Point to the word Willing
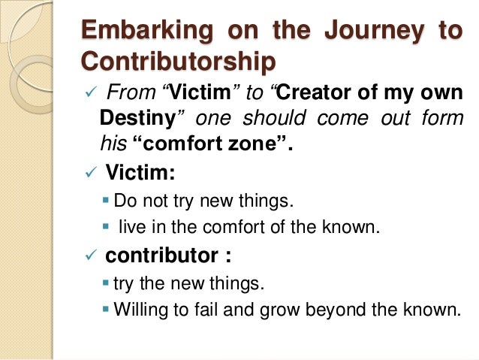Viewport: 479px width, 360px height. tap(140, 308)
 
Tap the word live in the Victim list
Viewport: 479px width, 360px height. tap(132, 225)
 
